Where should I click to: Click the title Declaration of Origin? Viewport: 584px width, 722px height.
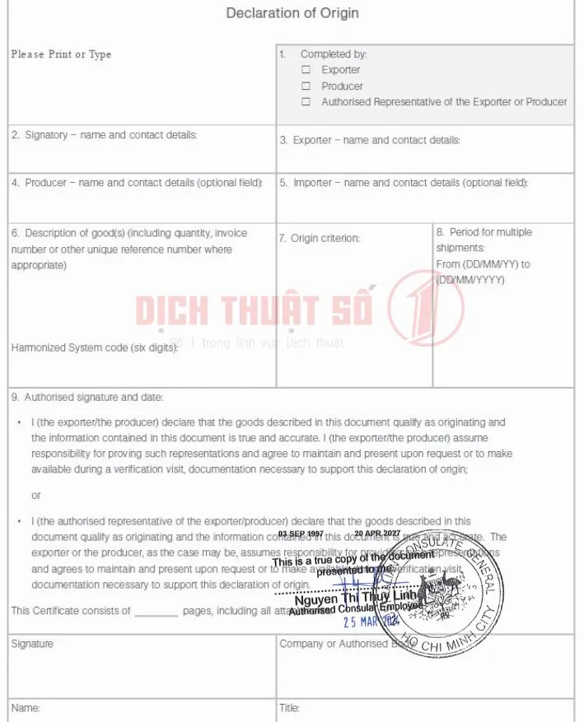point(292,13)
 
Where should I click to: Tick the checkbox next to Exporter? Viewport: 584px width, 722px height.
point(306,70)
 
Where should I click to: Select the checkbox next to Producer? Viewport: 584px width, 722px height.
point(306,86)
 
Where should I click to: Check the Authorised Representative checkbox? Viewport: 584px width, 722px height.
point(306,102)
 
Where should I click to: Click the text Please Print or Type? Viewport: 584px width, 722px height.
point(61,54)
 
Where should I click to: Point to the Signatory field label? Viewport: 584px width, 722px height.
point(105,135)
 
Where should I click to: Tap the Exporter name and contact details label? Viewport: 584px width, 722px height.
point(370,140)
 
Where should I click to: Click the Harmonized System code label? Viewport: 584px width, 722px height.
point(95,347)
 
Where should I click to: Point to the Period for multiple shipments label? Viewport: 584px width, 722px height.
point(484,240)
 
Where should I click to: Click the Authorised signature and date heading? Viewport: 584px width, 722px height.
point(87,397)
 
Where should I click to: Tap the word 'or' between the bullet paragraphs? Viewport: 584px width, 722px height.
point(36,496)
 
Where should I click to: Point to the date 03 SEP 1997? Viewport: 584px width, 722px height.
point(301,533)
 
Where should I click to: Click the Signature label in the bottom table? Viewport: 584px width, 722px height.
point(32,644)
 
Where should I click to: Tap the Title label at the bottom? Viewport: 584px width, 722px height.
point(290,708)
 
